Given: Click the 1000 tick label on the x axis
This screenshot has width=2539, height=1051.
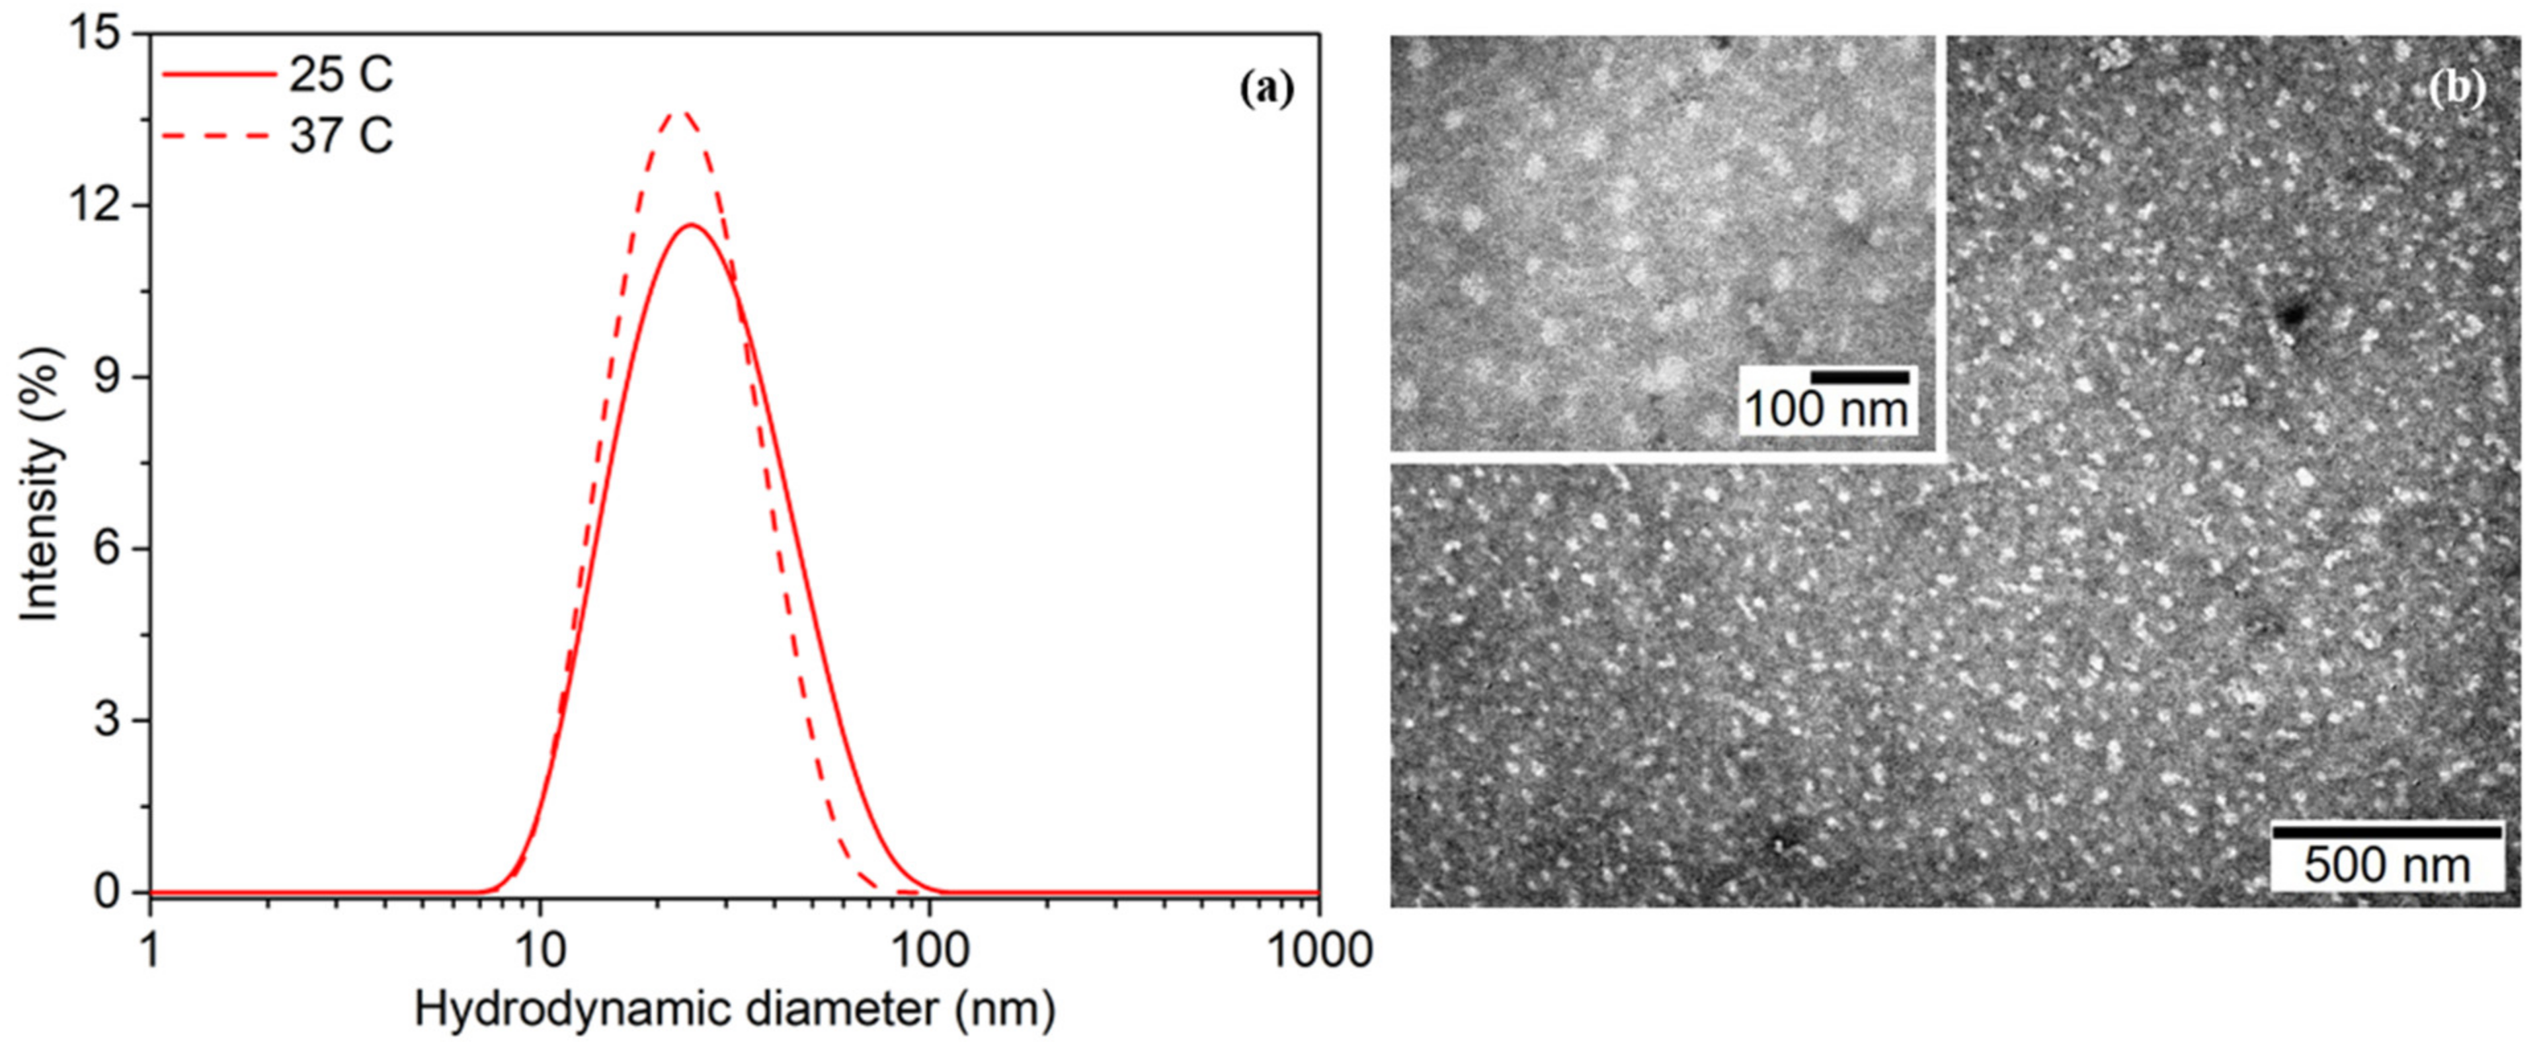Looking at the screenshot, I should click(1319, 950).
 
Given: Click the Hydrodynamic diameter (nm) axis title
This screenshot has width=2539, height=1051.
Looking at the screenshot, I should click(735, 1009).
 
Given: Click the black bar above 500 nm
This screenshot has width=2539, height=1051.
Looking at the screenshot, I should click(2386, 833).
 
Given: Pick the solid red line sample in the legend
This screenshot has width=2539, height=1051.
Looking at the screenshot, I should click(219, 74).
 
